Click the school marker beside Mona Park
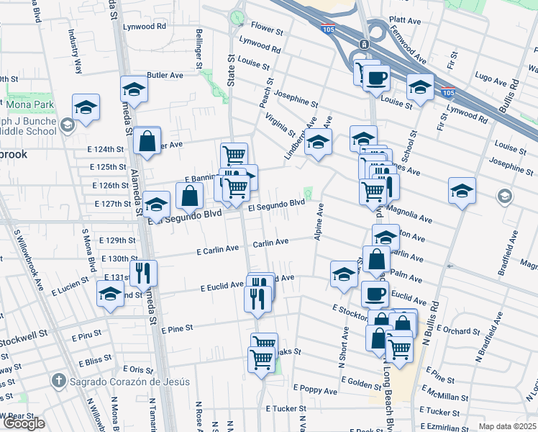point(86,108)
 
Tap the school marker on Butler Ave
point(134,89)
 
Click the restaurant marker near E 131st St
point(142,274)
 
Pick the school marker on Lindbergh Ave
point(318,142)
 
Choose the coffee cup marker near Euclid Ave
point(374,292)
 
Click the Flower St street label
point(266,30)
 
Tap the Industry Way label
point(74,51)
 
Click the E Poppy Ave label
point(319,390)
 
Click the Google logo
point(24,423)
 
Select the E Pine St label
point(177,329)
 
